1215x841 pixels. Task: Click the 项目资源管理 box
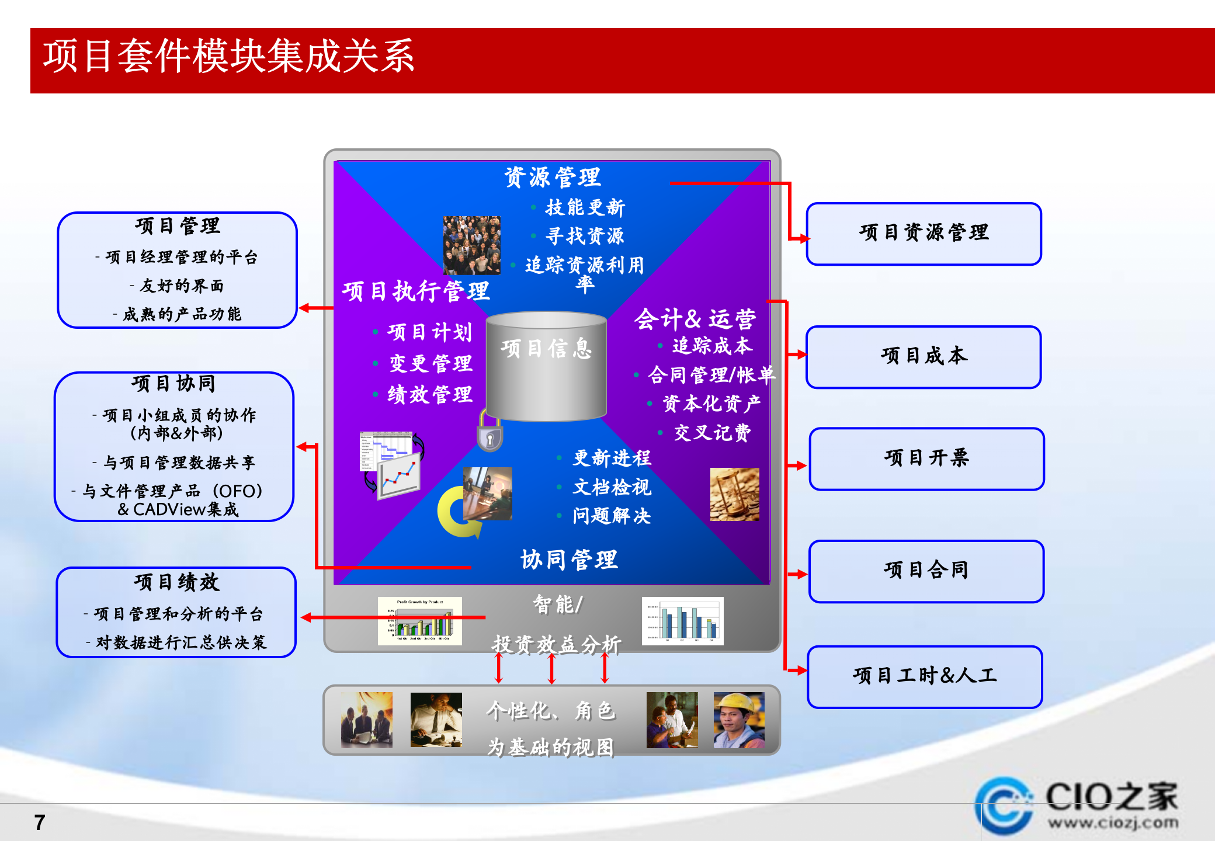(x=924, y=234)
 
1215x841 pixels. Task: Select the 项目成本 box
(x=924, y=357)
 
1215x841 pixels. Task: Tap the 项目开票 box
(x=926, y=458)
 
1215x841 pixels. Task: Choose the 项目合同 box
(x=926, y=571)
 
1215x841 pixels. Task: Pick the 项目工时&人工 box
(x=925, y=676)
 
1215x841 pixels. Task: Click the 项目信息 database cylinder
(x=546, y=368)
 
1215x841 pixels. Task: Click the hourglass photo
(x=734, y=494)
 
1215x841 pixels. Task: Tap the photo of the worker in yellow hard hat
(x=739, y=720)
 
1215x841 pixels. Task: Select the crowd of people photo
(x=471, y=245)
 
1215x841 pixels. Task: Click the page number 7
(x=40, y=822)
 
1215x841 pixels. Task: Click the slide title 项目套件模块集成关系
(x=228, y=57)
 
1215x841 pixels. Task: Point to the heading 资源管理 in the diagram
(x=553, y=177)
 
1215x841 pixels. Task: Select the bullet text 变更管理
(x=431, y=363)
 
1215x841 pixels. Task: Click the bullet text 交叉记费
(x=712, y=433)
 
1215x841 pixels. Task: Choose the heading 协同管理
(x=569, y=559)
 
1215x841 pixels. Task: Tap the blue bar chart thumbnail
(x=682, y=621)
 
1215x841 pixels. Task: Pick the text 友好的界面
(x=182, y=286)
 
